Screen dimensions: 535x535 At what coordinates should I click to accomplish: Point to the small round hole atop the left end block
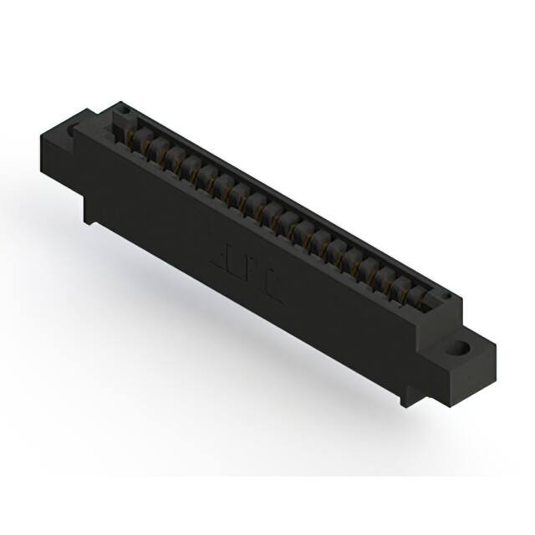(x=121, y=110)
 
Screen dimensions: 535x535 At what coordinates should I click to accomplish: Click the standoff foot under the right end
(x=410, y=393)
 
